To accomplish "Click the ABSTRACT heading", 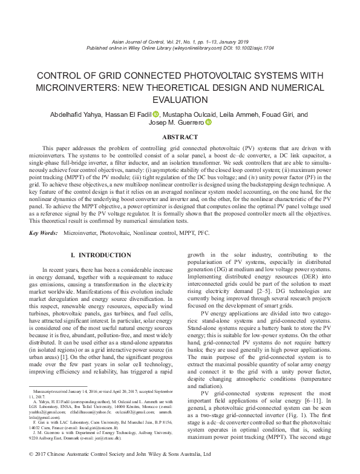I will (180, 137).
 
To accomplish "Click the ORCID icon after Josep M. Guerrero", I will (209, 123).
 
